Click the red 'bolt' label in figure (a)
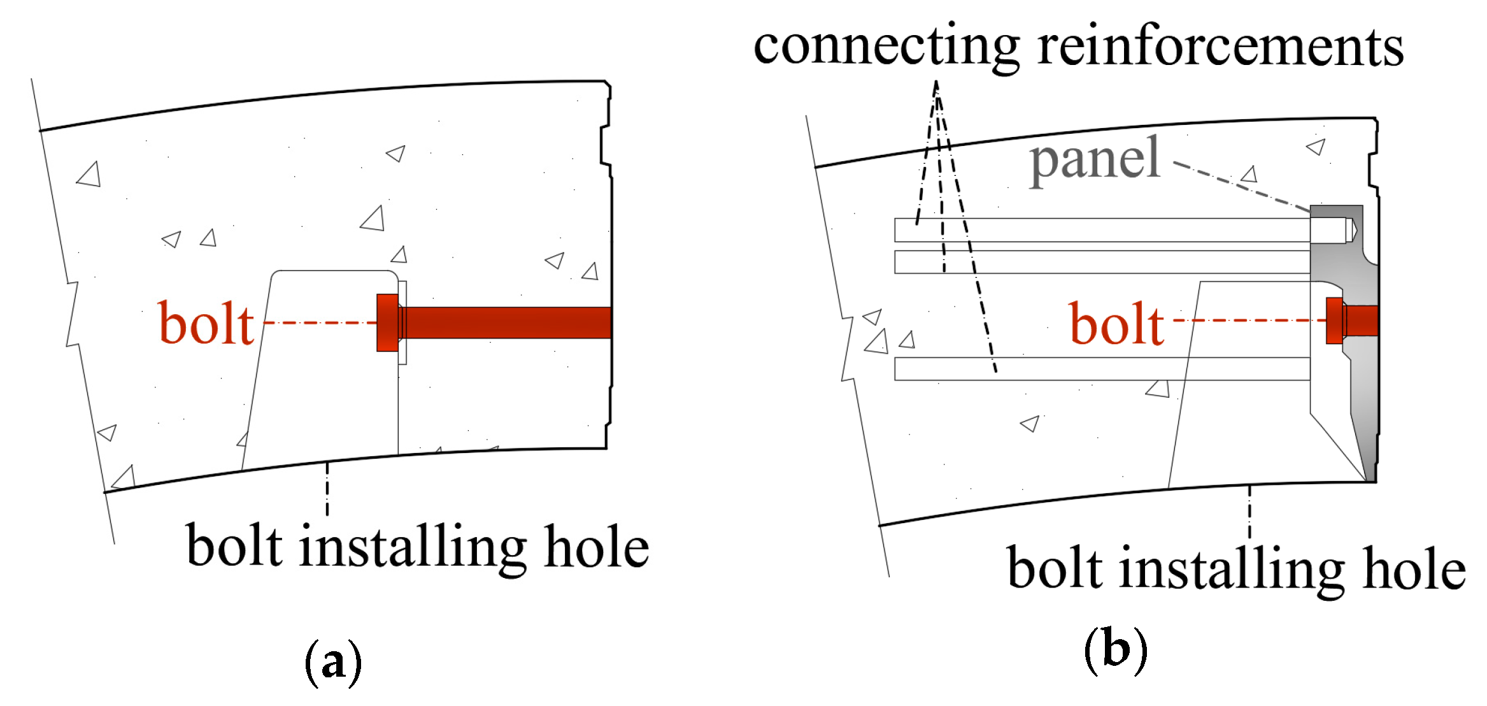point(206,324)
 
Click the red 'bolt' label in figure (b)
point(1116,324)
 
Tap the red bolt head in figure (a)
point(387,322)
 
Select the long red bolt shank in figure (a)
point(506,322)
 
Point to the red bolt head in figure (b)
point(1334,321)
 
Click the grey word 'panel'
point(1095,159)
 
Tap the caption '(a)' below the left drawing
point(333,663)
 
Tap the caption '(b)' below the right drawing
point(1115,650)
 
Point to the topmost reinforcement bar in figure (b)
point(1102,230)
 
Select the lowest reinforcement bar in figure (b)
point(1102,369)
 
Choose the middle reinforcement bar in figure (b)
point(1102,262)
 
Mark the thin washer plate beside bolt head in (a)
point(402,322)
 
